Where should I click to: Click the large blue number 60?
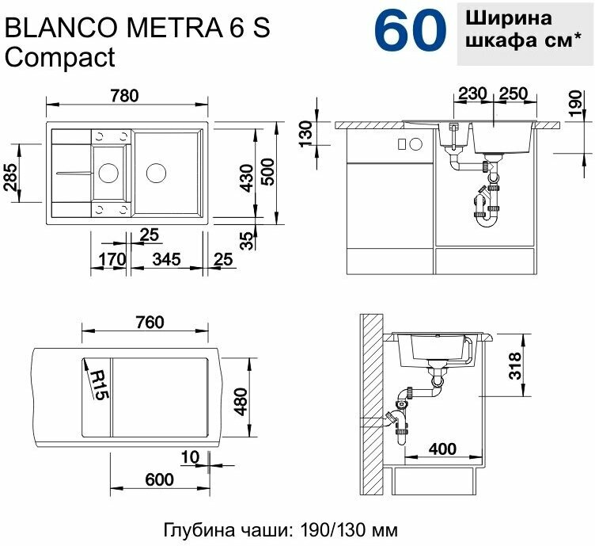(410, 31)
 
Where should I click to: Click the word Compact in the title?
(59, 58)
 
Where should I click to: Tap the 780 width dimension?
(125, 95)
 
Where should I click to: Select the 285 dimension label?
(10, 178)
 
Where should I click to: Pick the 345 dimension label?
(166, 259)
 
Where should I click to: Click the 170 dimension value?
(112, 259)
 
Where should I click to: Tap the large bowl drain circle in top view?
(156, 174)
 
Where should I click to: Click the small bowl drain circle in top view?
(108, 174)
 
